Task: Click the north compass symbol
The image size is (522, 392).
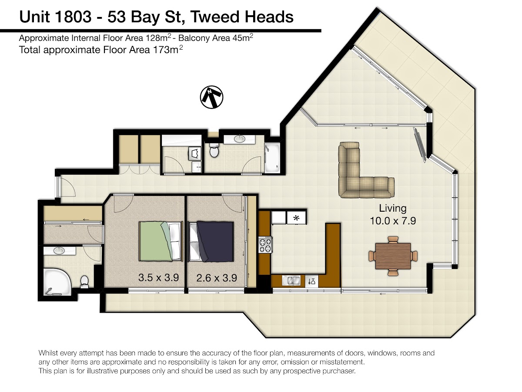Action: coord(211,97)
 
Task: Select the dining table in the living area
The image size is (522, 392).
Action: coord(393,256)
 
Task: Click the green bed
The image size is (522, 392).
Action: coord(161,241)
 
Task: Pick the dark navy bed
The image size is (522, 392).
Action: coord(211,242)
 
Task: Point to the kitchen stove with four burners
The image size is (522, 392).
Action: coord(266,245)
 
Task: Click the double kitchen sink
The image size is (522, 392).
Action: coord(291,281)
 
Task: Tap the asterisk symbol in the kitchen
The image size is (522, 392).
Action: coord(296,218)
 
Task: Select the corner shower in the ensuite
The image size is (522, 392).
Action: coord(57,282)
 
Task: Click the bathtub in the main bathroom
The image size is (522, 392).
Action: coord(272,157)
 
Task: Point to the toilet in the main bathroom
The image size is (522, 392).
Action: coord(214,150)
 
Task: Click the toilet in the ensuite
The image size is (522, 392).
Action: coord(84,281)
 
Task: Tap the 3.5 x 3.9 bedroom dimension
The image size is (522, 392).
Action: coord(159,278)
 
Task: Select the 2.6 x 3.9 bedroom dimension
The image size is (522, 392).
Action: coord(217,278)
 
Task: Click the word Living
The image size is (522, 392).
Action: coord(393,209)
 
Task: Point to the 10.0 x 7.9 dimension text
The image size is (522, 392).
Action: coord(393,221)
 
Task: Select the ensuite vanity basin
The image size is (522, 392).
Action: coord(58,250)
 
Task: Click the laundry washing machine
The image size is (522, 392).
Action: coord(195,153)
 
